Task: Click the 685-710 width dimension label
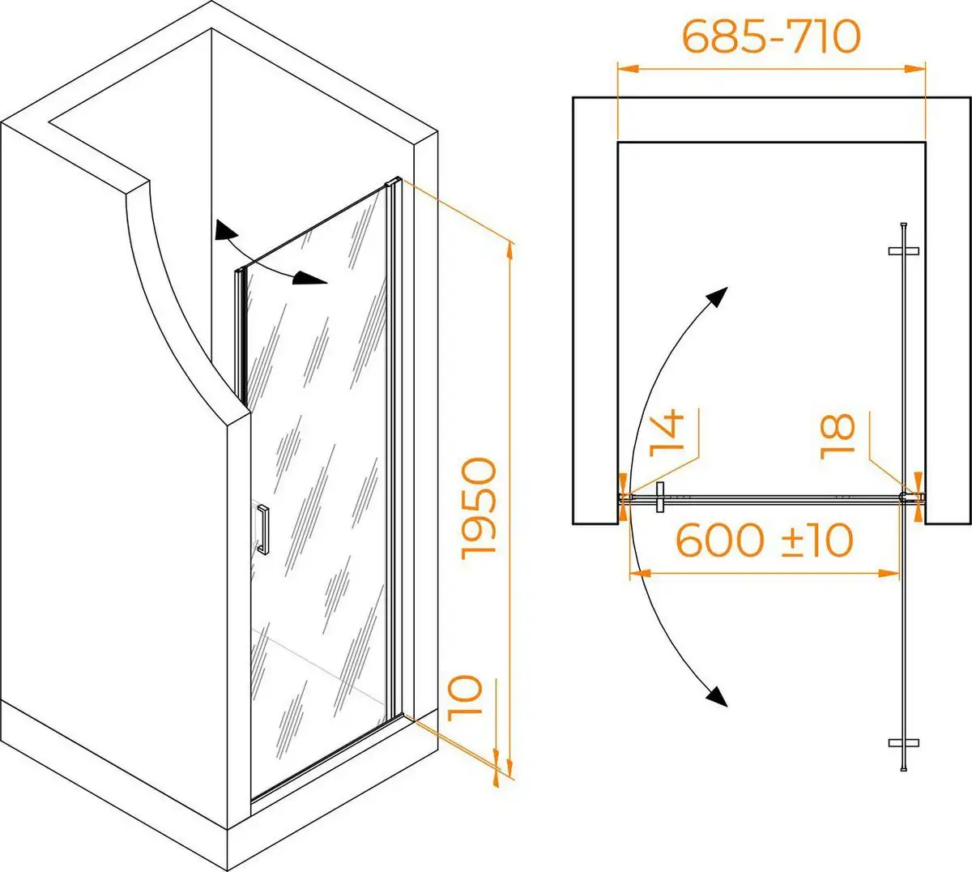coord(771,37)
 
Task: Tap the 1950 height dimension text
coord(478,509)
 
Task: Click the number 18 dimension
coord(838,436)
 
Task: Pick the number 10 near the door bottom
coord(464,699)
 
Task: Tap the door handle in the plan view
coord(660,498)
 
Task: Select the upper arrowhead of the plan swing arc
coord(718,297)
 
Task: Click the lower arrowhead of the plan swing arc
coord(718,697)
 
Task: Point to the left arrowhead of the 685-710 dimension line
coord(628,69)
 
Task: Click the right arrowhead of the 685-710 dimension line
coord(914,69)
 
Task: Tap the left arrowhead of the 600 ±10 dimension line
coord(640,573)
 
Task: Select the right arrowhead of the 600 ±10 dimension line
coord(889,573)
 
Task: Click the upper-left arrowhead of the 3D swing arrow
coord(224,230)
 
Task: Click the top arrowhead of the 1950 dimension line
coord(510,254)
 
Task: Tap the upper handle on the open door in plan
coord(903,250)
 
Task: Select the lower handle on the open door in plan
coord(903,743)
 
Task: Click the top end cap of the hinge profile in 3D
coord(393,182)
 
